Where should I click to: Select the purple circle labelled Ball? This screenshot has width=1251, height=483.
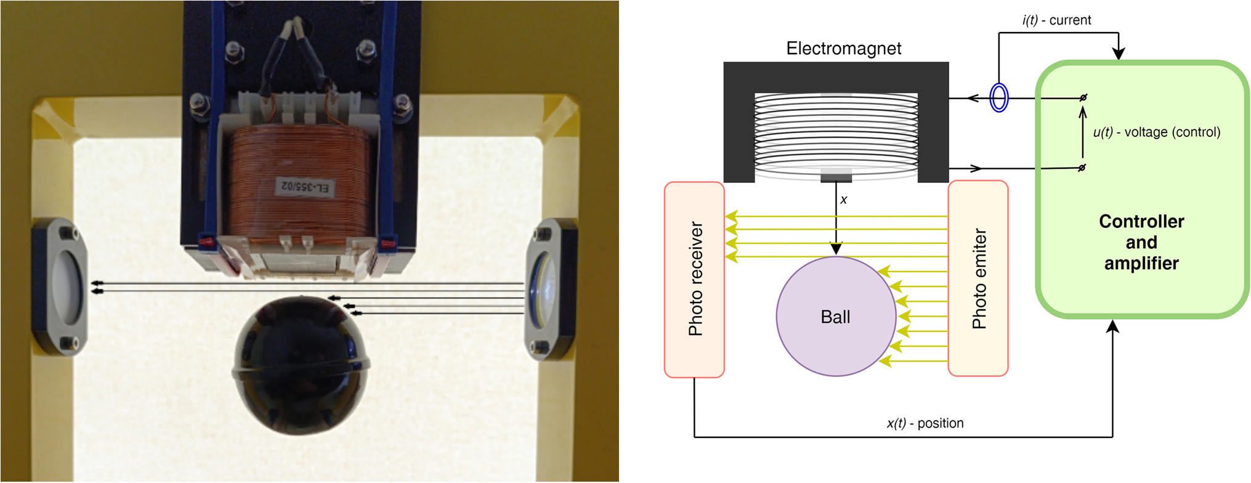click(835, 316)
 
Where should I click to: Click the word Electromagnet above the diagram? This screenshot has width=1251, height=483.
click(843, 49)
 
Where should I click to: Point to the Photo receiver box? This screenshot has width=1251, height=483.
click(694, 279)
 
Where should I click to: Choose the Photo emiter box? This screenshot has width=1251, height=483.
click(978, 278)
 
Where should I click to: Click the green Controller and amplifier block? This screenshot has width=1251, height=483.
click(1141, 242)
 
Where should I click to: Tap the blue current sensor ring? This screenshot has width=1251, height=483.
click(998, 97)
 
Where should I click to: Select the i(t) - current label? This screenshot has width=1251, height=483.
click(1056, 20)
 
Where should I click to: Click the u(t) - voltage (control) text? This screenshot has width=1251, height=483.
click(1156, 132)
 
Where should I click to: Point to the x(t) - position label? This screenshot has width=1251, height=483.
click(925, 423)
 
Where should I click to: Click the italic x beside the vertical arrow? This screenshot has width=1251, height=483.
click(844, 200)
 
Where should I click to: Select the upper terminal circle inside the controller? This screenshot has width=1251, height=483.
click(1083, 97)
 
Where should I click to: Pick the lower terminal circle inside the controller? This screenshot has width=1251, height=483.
click(1082, 168)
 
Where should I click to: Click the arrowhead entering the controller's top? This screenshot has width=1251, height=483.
click(1119, 54)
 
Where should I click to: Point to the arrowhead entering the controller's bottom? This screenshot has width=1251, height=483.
click(1112, 327)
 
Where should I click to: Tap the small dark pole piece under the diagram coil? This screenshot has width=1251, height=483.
click(836, 177)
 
